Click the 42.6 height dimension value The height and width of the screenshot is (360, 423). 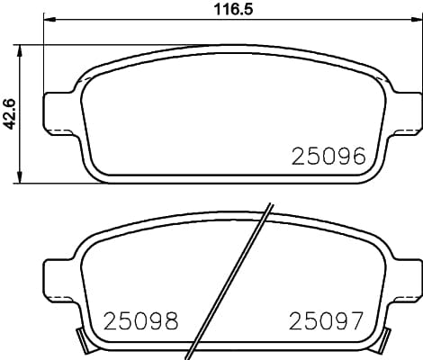(10, 114)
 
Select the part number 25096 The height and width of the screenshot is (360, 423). (328, 157)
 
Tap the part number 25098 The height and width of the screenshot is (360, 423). (141, 319)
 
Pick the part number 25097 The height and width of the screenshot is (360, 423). (326, 319)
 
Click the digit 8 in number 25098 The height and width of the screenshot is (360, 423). (169, 319)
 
